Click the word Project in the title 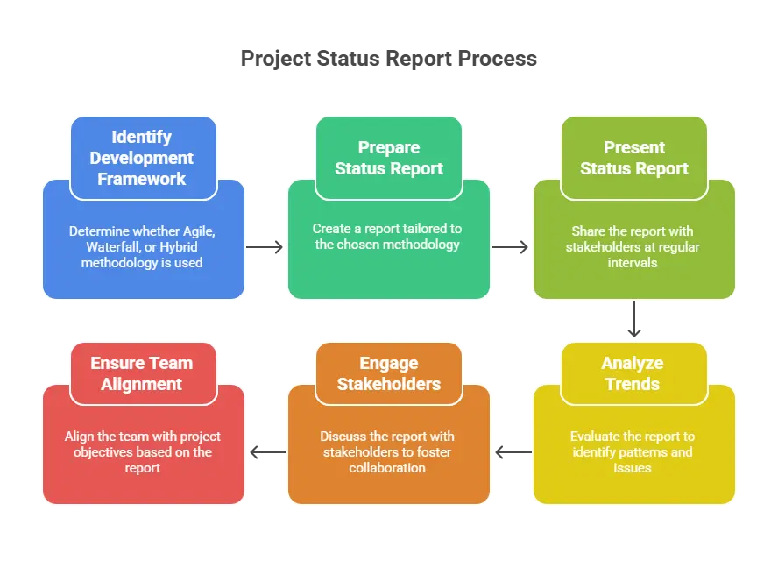point(276,59)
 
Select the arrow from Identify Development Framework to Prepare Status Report point(265,247)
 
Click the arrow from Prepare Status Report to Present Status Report point(510,247)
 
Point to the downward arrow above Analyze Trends point(634,319)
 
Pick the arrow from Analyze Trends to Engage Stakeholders point(513,452)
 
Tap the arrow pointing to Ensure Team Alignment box point(268,452)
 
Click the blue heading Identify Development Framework point(141,158)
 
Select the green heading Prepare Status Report point(389,158)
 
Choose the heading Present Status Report point(634,158)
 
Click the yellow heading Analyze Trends point(633,373)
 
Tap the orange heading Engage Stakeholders point(389,373)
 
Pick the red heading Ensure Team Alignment point(141,373)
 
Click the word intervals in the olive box point(633,263)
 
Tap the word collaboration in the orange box point(387,468)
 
